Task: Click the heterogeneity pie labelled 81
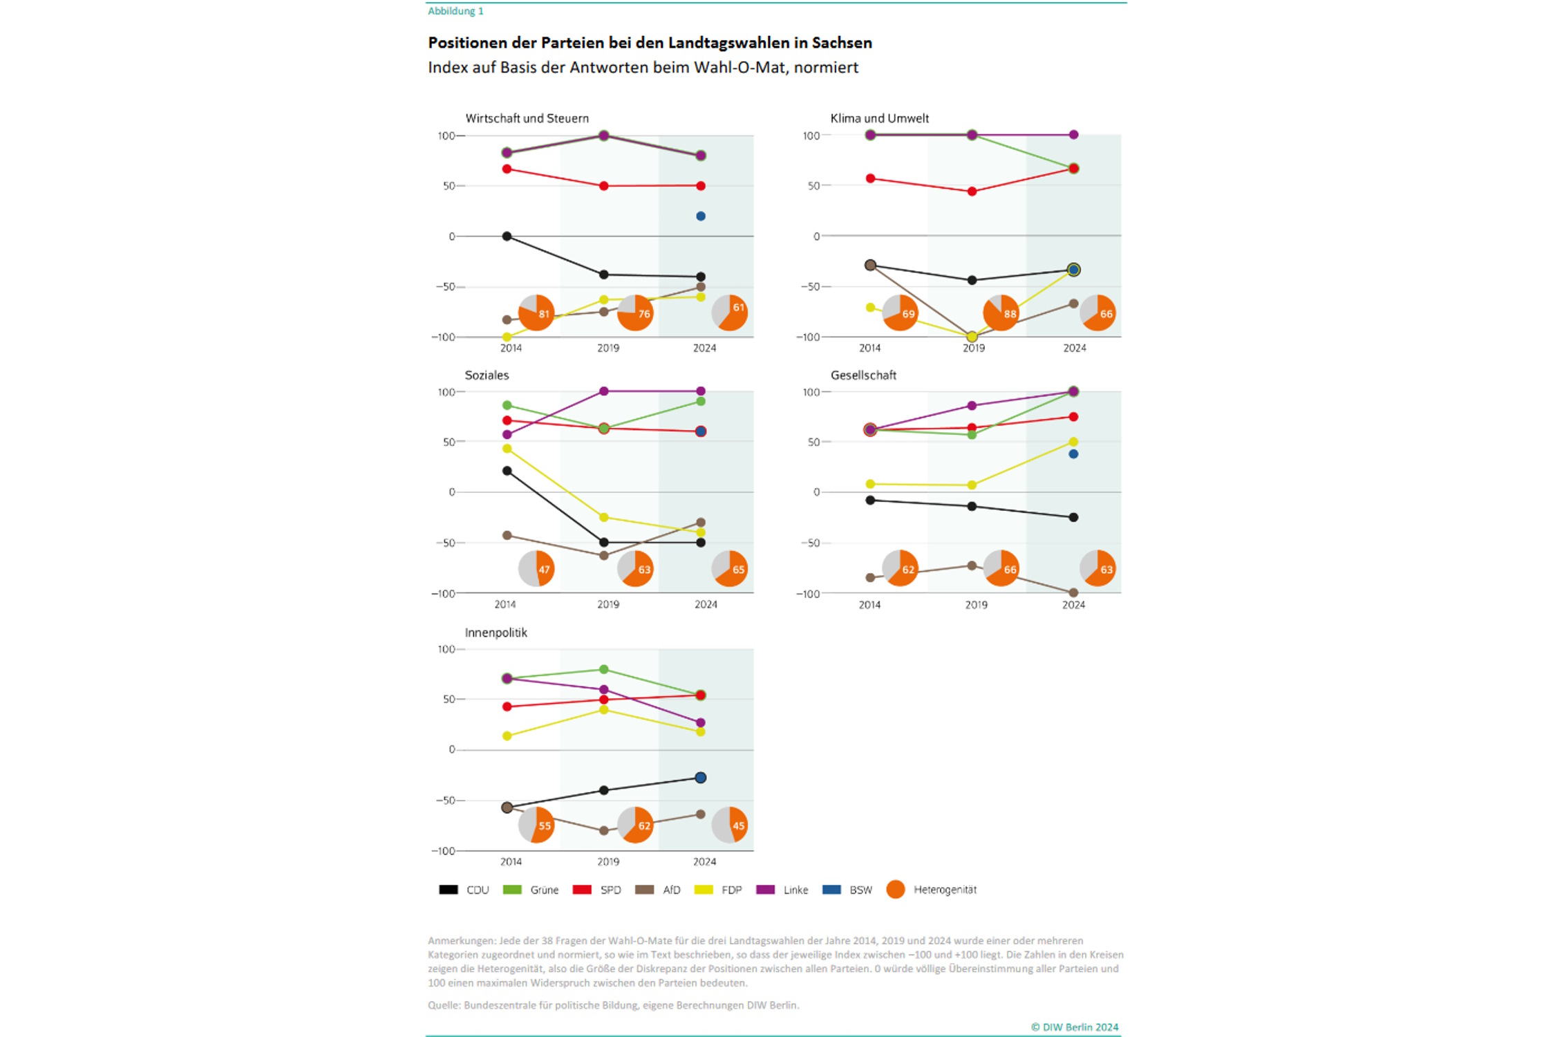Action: click(536, 312)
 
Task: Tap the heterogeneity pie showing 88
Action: click(1001, 312)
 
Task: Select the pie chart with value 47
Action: click(536, 568)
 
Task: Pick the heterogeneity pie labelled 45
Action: click(730, 824)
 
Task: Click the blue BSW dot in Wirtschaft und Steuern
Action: click(701, 216)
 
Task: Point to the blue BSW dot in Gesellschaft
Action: click(1073, 454)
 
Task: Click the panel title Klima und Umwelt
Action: click(879, 118)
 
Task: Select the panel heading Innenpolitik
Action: click(496, 633)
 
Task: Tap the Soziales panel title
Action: click(487, 375)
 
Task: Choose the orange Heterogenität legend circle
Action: click(896, 890)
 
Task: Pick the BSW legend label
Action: click(860, 890)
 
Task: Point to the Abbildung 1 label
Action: click(455, 11)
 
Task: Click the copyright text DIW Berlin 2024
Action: click(1075, 1027)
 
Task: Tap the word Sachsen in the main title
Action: click(842, 43)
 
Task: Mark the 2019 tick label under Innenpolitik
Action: click(608, 861)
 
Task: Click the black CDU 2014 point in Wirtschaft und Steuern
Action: click(507, 236)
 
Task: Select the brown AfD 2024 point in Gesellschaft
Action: click(1073, 592)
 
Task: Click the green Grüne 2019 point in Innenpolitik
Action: click(603, 669)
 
